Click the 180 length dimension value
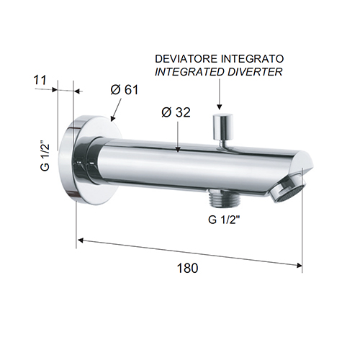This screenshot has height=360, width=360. coord(187,268)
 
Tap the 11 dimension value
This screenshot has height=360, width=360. coord(40,80)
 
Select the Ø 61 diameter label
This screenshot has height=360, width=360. coord(125,90)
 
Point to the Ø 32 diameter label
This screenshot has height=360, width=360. coord(176,112)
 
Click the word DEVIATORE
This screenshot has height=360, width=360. coord(186,59)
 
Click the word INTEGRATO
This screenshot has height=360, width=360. coord(252,59)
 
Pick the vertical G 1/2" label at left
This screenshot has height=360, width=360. coord(45,157)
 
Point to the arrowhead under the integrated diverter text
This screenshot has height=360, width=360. coord(219,107)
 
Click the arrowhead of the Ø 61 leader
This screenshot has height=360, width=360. coord(113,117)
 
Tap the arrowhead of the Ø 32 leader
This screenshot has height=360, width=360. coord(178,149)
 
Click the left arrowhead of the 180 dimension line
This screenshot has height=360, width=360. coord(81,240)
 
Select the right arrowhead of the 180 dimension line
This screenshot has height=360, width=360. coord(299,265)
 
